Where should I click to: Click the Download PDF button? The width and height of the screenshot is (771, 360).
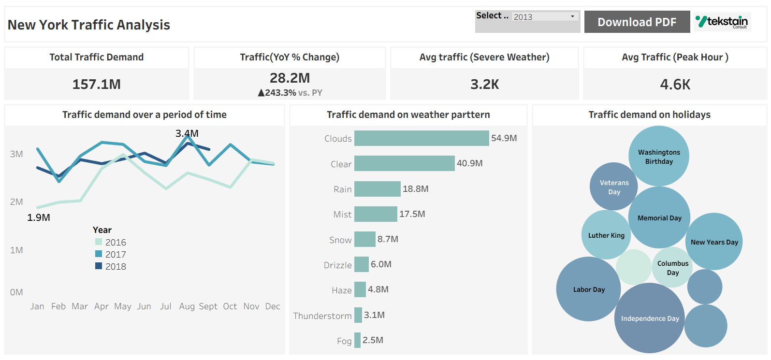click(x=637, y=22)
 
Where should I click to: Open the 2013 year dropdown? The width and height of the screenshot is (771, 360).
click(x=545, y=16)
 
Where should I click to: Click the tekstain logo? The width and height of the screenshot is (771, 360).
click(x=722, y=22)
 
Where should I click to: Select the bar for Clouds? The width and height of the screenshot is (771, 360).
click(x=421, y=138)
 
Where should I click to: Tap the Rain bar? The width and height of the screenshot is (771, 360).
click(x=377, y=189)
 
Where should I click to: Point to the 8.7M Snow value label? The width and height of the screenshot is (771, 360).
click(x=388, y=239)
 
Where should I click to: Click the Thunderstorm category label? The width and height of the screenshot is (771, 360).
click(x=322, y=316)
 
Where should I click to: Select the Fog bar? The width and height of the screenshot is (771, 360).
click(x=357, y=340)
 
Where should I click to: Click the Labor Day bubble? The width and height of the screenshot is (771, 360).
click(x=588, y=289)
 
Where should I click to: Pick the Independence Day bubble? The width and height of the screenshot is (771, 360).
click(x=649, y=318)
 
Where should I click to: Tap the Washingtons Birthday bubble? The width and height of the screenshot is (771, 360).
click(x=658, y=157)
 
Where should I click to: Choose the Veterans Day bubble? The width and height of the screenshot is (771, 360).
click(x=613, y=187)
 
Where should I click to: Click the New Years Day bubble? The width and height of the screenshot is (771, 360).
click(x=714, y=242)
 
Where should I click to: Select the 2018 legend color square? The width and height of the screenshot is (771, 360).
click(x=99, y=266)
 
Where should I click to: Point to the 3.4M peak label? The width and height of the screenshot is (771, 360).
click(x=187, y=133)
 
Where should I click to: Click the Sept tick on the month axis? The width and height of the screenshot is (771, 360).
click(x=208, y=306)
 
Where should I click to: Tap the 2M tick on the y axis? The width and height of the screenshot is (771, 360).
click(x=16, y=202)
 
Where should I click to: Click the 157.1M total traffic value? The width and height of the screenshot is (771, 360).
click(x=96, y=85)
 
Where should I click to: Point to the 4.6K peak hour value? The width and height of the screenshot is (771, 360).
click(x=675, y=85)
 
